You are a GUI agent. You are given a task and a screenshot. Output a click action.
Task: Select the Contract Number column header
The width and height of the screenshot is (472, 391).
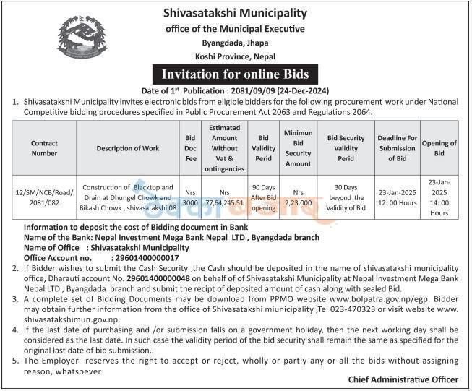[x=44, y=148]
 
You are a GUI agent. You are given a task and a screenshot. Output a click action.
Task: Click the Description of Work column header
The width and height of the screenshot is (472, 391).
[x=127, y=148]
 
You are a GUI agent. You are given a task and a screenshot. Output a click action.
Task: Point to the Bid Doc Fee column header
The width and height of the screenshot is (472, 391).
[x=189, y=148]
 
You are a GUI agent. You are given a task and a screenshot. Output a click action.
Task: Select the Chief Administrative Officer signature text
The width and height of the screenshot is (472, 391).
[x=403, y=379]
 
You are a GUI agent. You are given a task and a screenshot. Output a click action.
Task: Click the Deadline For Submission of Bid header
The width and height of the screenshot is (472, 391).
[x=397, y=148]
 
